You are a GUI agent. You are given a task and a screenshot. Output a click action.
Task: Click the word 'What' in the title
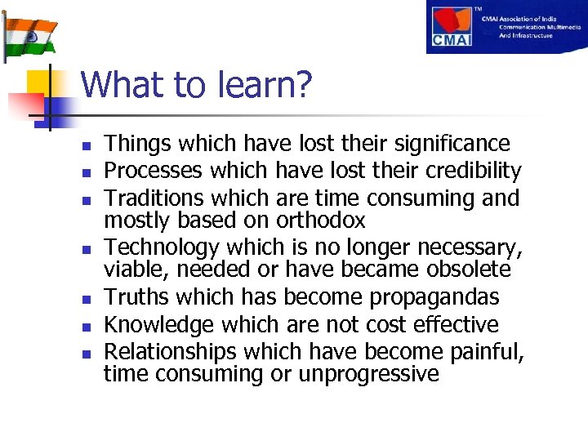117,85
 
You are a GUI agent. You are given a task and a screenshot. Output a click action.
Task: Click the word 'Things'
138,145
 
